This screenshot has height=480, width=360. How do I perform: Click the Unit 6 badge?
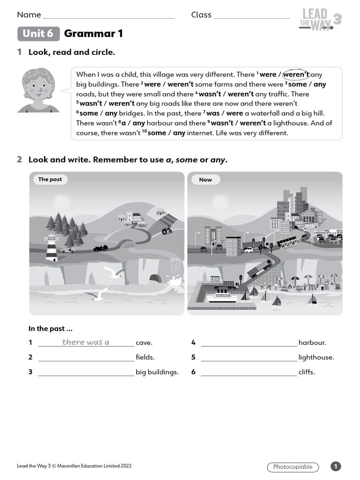38,34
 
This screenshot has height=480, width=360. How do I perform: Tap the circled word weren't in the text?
296,75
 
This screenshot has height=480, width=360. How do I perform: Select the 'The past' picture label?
50,180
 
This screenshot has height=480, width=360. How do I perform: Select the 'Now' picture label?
205,180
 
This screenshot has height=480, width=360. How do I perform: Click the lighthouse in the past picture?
51,247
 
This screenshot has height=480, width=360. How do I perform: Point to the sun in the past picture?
62,202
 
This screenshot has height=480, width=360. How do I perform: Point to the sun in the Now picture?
220,202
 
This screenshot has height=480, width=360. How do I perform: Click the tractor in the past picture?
166,230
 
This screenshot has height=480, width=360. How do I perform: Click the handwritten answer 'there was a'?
86,342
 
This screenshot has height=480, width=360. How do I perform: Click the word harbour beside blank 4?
312,343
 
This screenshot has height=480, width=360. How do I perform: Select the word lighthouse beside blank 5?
316,357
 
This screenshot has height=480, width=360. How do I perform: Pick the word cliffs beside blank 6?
307,372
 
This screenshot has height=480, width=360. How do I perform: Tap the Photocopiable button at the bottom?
292,467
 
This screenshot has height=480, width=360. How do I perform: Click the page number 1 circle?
336,466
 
